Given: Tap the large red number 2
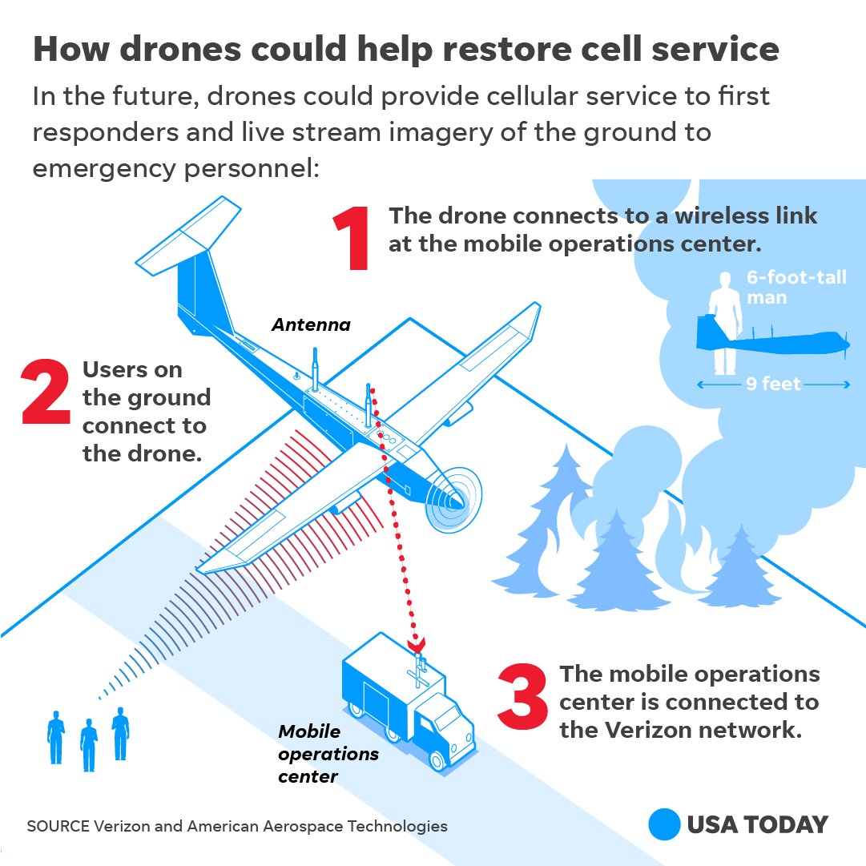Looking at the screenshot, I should (46, 392).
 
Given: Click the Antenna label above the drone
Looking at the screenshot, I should (311, 324).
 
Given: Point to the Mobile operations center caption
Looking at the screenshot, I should (328, 754).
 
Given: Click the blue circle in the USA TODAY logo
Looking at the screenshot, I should (664, 824).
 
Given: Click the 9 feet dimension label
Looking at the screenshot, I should (773, 385).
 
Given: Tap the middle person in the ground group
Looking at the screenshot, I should (88, 744).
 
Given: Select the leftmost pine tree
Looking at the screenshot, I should (554, 522).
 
